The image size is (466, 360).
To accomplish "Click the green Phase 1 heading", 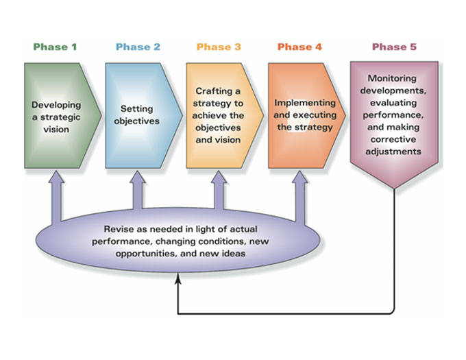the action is (55, 47).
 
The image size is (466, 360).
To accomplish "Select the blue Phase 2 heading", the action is (138, 47).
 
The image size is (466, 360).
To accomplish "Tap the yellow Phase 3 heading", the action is (219, 47).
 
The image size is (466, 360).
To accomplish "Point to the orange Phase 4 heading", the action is (299, 47).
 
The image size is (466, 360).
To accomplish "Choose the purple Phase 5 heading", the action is (394, 47).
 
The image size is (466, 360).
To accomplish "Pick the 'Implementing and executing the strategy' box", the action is (307, 116).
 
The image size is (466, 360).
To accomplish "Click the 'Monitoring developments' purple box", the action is (394, 125).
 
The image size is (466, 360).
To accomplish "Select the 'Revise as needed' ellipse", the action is (178, 241).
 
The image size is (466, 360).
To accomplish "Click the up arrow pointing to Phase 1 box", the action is (56, 196).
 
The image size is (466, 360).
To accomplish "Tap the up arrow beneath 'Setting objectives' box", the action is (138, 190).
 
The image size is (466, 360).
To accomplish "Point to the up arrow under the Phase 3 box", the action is (219, 190).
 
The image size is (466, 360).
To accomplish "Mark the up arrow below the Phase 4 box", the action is (300, 196).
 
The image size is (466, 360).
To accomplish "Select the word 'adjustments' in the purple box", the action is (393, 152).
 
